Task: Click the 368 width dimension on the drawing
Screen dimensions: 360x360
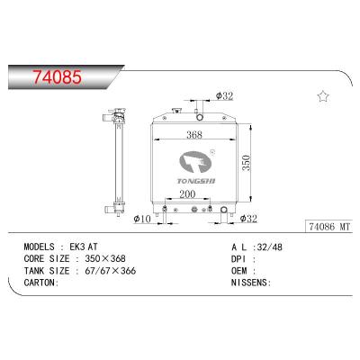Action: click(x=188, y=138)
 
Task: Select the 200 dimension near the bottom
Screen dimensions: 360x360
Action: click(x=187, y=194)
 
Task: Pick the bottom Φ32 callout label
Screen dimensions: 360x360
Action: click(x=248, y=219)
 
